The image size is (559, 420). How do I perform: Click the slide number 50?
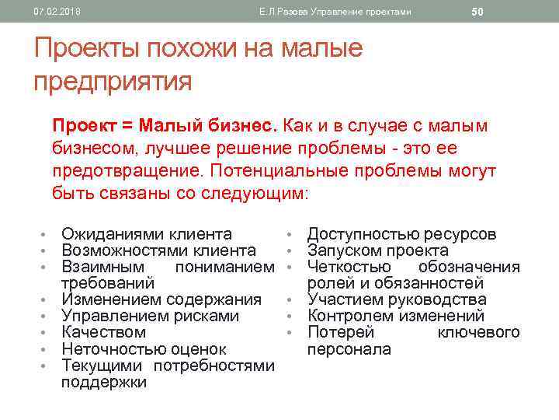tap(477, 12)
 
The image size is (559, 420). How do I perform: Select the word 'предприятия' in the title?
tap(113, 80)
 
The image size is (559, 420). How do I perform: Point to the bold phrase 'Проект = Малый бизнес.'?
tap(163, 125)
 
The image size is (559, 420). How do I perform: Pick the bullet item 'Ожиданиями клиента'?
tap(147, 234)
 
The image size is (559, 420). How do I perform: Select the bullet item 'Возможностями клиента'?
tap(158, 250)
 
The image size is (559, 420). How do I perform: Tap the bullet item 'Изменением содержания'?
tap(161, 299)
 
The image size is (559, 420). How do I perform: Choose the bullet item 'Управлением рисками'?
tap(150, 316)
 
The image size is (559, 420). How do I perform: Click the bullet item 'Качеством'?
tap(103, 332)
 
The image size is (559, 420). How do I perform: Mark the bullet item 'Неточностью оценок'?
tap(144, 349)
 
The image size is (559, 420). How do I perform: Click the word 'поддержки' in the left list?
tap(103, 382)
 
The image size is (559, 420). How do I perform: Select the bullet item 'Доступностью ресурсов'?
tap(401, 234)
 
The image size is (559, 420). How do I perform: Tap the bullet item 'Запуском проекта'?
tap(377, 250)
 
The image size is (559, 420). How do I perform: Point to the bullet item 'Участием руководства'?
tap(397, 299)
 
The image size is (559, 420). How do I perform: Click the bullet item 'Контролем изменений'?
tap(396, 316)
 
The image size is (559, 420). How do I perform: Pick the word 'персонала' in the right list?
tap(349, 349)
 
